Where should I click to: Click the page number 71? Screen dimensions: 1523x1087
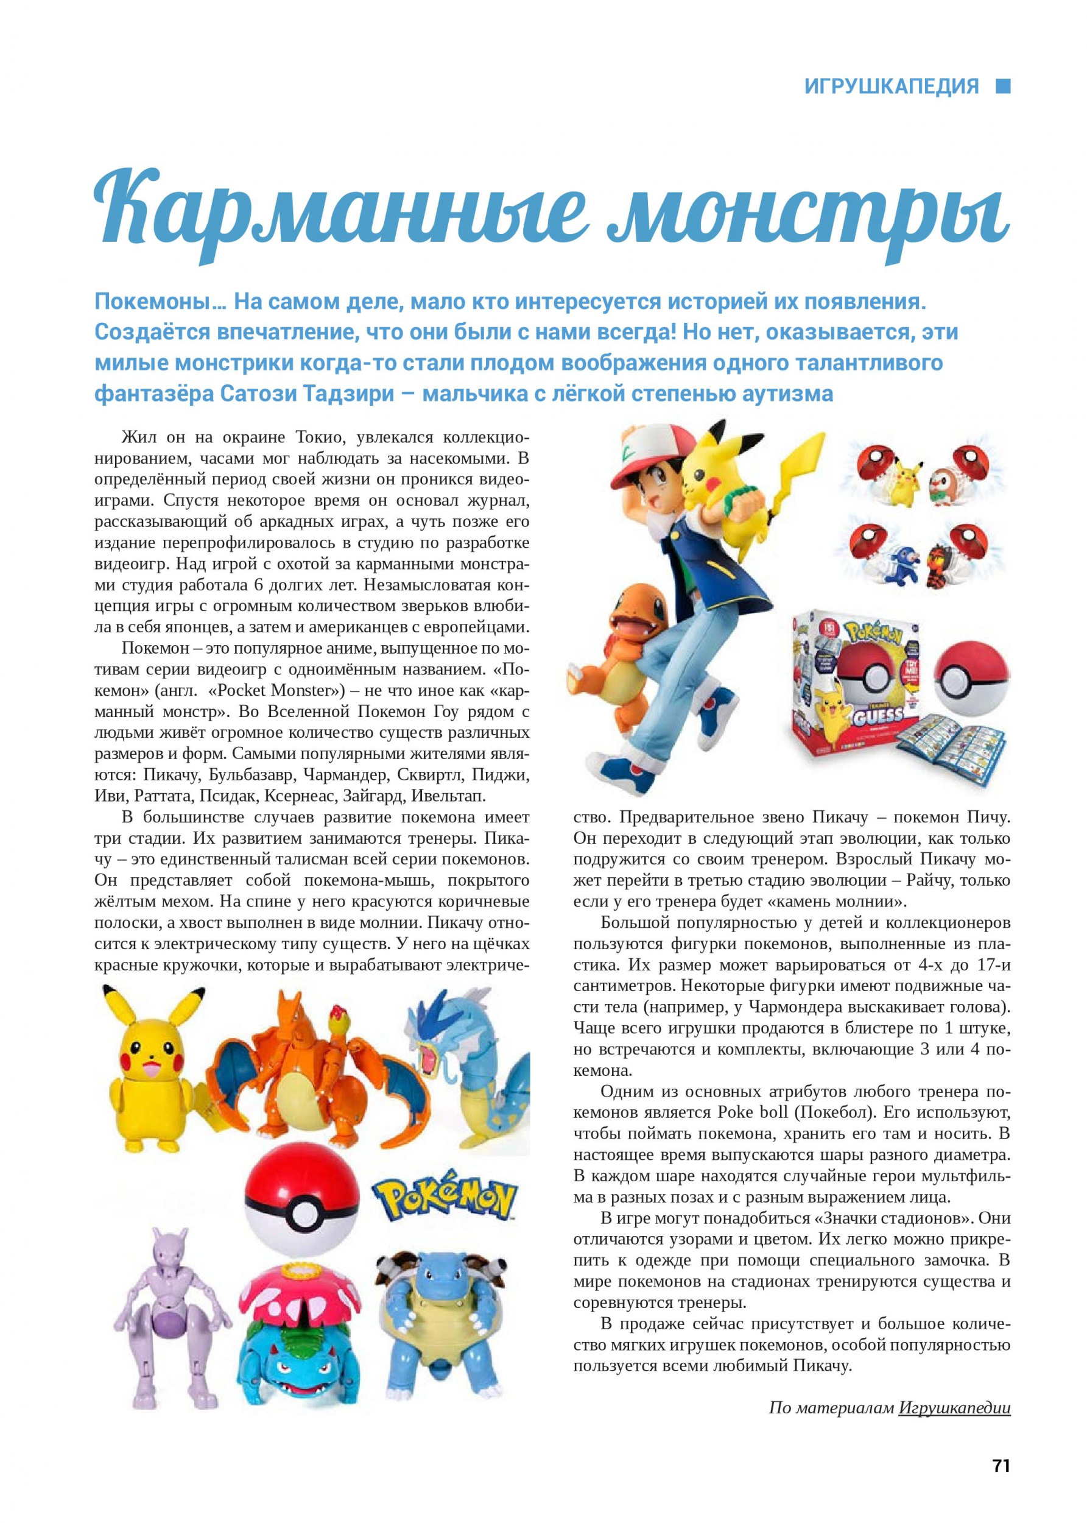click(x=1001, y=1465)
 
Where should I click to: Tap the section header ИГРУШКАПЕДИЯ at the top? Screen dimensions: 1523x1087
click(x=891, y=87)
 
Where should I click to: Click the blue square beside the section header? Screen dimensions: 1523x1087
click(x=1003, y=87)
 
